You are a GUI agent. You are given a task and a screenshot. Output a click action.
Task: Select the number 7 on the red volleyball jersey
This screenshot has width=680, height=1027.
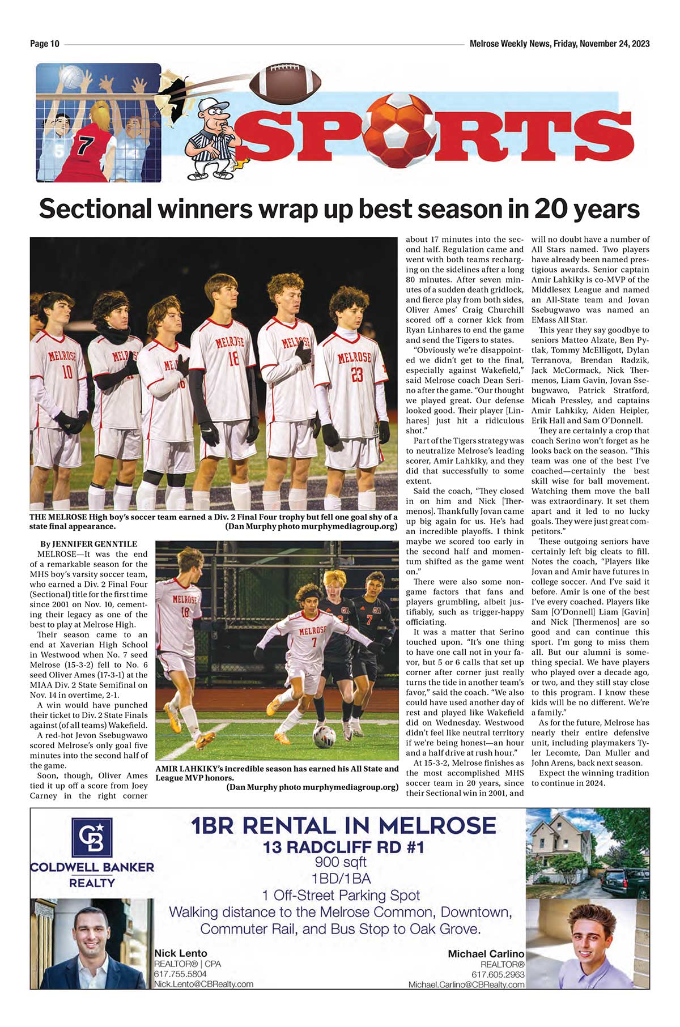(x=85, y=145)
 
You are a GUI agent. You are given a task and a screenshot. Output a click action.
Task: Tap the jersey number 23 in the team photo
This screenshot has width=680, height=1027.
(x=356, y=375)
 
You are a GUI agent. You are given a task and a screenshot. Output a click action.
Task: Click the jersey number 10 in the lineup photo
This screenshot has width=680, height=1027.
(x=67, y=372)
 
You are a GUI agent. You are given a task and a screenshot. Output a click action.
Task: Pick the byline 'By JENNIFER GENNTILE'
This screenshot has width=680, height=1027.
(x=88, y=544)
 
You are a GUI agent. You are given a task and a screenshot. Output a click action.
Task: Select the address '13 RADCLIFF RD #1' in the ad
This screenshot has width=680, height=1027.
(x=343, y=847)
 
